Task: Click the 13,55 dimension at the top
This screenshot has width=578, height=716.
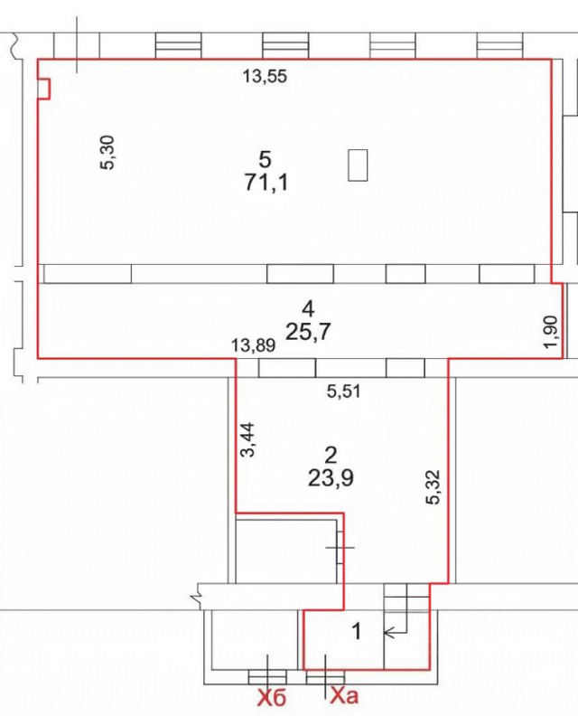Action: click(x=265, y=76)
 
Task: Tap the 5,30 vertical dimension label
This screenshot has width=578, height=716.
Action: click(x=108, y=153)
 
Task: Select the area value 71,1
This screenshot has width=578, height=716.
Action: click(x=266, y=184)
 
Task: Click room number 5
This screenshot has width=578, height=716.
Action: click(x=265, y=160)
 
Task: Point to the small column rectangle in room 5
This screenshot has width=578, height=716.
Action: click(x=358, y=165)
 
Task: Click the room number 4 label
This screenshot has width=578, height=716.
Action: click(x=308, y=309)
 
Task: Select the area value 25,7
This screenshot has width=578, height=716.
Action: click(x=308, y=332)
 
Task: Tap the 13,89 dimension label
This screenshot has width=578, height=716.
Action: click(x=253, y=345)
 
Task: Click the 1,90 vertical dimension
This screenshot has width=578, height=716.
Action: click(x=552, y=332)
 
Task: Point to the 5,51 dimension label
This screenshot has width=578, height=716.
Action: click(x=344, y=391)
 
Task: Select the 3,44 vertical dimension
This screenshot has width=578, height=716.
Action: click(x=248, y=439)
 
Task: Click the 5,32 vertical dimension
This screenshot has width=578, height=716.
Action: click(x=433, y=486)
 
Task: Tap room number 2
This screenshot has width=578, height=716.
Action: click(x=331, y=456)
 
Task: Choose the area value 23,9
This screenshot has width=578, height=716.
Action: click(x=331, y=478)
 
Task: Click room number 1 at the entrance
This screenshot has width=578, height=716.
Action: click(x=358, y=632)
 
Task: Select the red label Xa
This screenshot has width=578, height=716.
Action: click(x=344, y=695)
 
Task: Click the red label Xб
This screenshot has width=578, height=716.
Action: click(x=272, y=698)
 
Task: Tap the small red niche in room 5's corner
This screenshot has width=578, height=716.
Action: click(x=43, y=89)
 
